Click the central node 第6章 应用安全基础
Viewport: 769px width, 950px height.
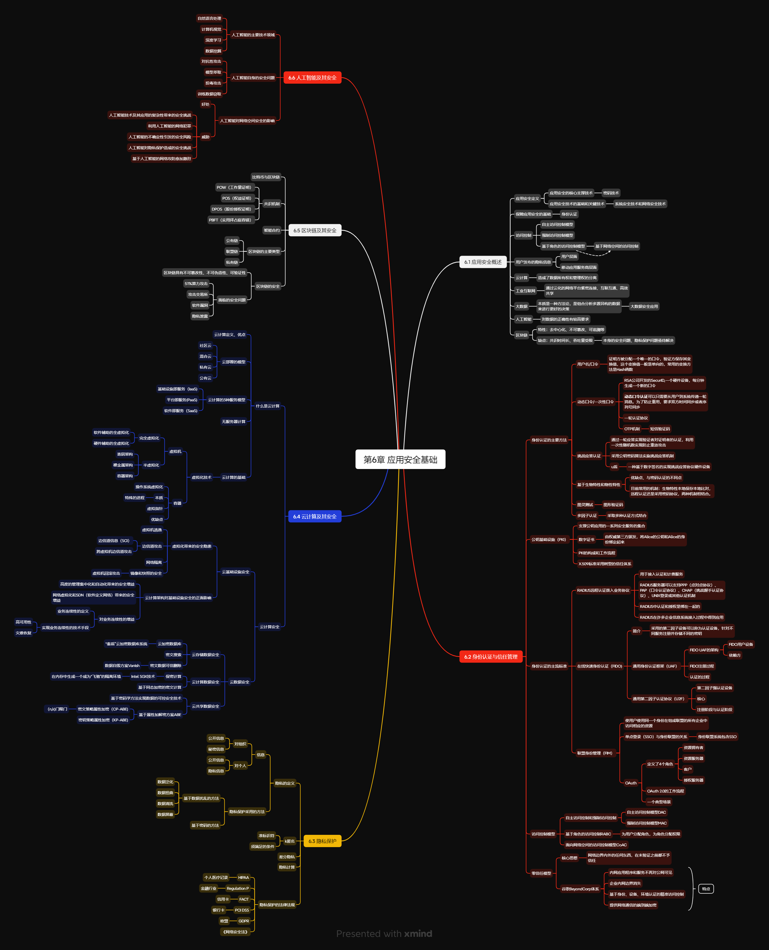click(x=400, y=460)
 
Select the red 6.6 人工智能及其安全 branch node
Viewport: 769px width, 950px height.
click(x=312, y=78)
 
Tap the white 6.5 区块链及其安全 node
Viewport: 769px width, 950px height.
click(x=314, y=230)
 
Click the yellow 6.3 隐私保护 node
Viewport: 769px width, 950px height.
click(x=322, y=841)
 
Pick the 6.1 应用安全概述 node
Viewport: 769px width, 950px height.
click(x=482, y=262)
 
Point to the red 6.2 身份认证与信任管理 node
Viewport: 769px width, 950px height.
click(x=491, y=657)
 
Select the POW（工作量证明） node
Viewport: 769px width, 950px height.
click(x=234, y=187)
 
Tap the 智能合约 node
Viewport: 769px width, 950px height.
click(x=271, y=230)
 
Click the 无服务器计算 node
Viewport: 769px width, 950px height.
click(x=234, y=421)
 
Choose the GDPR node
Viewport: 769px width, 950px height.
click(x=244, y=921)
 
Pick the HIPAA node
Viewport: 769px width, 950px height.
click(x=243, y=877)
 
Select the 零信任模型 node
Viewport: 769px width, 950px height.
click(x=541, y=873)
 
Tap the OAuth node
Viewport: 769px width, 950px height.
click(x=630, y=783)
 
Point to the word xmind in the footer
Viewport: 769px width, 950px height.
click(x=418, y=934)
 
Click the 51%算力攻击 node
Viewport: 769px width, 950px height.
click(x=196, y=284)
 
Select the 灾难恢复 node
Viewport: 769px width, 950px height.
click(x=23, y=633)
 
